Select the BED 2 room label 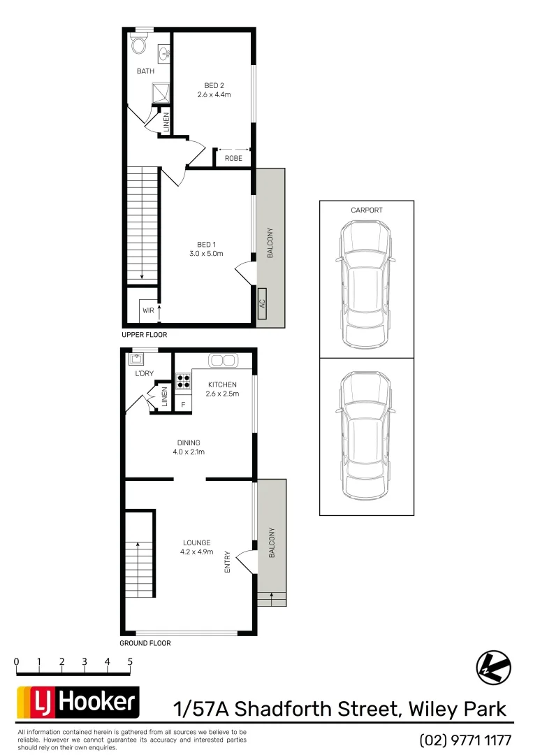(x=213, y=85)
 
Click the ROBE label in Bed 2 (x=233, y=159)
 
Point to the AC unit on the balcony (x=262, y=304)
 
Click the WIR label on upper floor (x=148, y=310)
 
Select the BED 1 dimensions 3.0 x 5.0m (x=206, y=254)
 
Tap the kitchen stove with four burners (x=183, y=381)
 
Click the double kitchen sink (x=223, y=361)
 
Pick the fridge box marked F (x=183, y=405)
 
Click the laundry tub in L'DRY (x=136, y=359)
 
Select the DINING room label (x=189, y=443)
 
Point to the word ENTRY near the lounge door (x=227, y=562)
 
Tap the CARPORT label (x=367, y=210)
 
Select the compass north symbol (x=493, y=667)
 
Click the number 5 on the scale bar (x=130, y=661)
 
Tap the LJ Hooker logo (x=78, y=703)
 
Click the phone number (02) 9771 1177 (x=465, y=740)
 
